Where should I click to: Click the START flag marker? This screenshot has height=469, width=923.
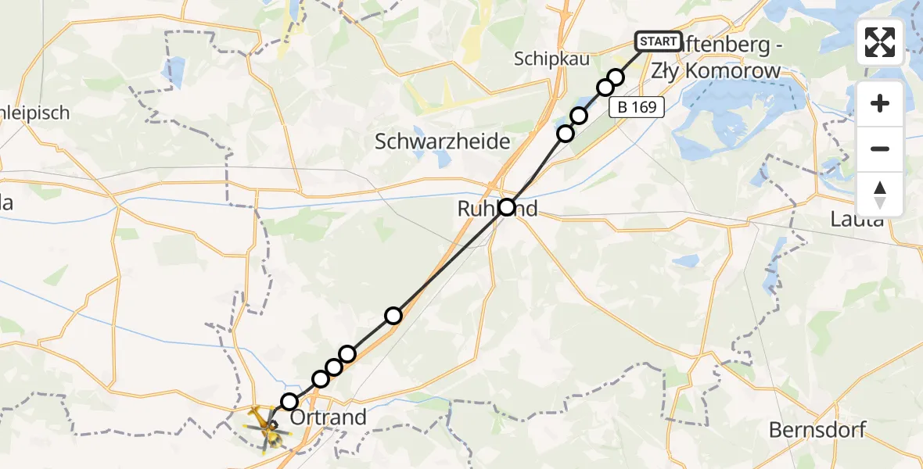click(659, 41)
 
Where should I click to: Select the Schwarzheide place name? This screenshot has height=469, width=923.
click(442, 141)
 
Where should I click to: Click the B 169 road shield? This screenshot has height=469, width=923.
click(637, 108)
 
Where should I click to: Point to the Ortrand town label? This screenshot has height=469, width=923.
click(328, 417)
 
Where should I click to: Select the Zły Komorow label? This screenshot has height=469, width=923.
click(732, 71)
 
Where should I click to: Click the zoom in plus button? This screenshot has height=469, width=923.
click(880, 104)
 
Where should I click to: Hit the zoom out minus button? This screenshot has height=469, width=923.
click(880, 149)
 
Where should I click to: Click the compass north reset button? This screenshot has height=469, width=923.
click(880, 194)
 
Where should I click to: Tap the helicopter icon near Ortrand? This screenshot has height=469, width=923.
click(264, 425)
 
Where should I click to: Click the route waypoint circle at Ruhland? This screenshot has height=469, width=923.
click(507, 207)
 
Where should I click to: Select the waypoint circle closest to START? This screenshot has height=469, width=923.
click(616, 77)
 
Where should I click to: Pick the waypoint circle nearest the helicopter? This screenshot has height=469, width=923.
click(289, 402)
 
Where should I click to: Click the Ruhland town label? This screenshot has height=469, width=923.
click(497, 208)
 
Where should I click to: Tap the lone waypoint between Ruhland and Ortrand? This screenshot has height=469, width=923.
click(393, 315)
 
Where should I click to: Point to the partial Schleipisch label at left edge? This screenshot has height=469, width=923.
click(35, 113)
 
